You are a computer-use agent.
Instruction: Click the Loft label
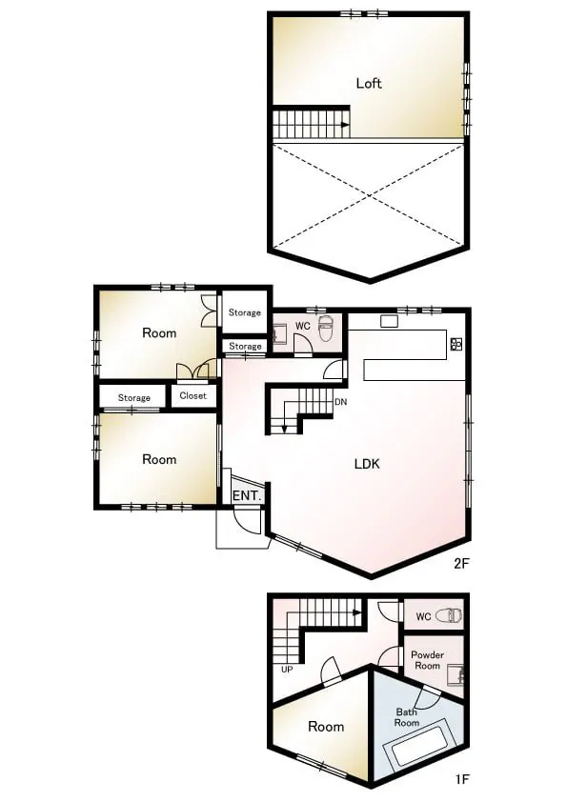click(369, 83)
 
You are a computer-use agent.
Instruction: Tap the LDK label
click(367, 464)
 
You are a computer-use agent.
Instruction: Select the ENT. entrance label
click(248, 495)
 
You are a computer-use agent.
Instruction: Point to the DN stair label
click(341, 402)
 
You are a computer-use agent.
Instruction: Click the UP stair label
click(287, 669)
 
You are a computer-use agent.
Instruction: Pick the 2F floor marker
click(461, 564)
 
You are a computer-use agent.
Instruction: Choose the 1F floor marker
click(461, 779)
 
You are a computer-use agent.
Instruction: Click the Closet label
click(192, 395)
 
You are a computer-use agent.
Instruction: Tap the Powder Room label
click(427, 660)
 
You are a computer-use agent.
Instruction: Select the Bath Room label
click(407, 717)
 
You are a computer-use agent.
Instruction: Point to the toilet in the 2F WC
click(326, 330)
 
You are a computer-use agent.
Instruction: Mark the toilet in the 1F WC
click(449, 615)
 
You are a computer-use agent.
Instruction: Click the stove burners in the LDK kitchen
click(456, 344)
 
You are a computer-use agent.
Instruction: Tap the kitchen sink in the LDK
click(389, 321)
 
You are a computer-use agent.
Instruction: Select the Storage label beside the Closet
click(134, 397)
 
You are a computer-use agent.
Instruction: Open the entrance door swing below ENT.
click(248, 521)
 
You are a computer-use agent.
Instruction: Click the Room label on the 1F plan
click(326, 727)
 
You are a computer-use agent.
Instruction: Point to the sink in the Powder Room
click(455, 675)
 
